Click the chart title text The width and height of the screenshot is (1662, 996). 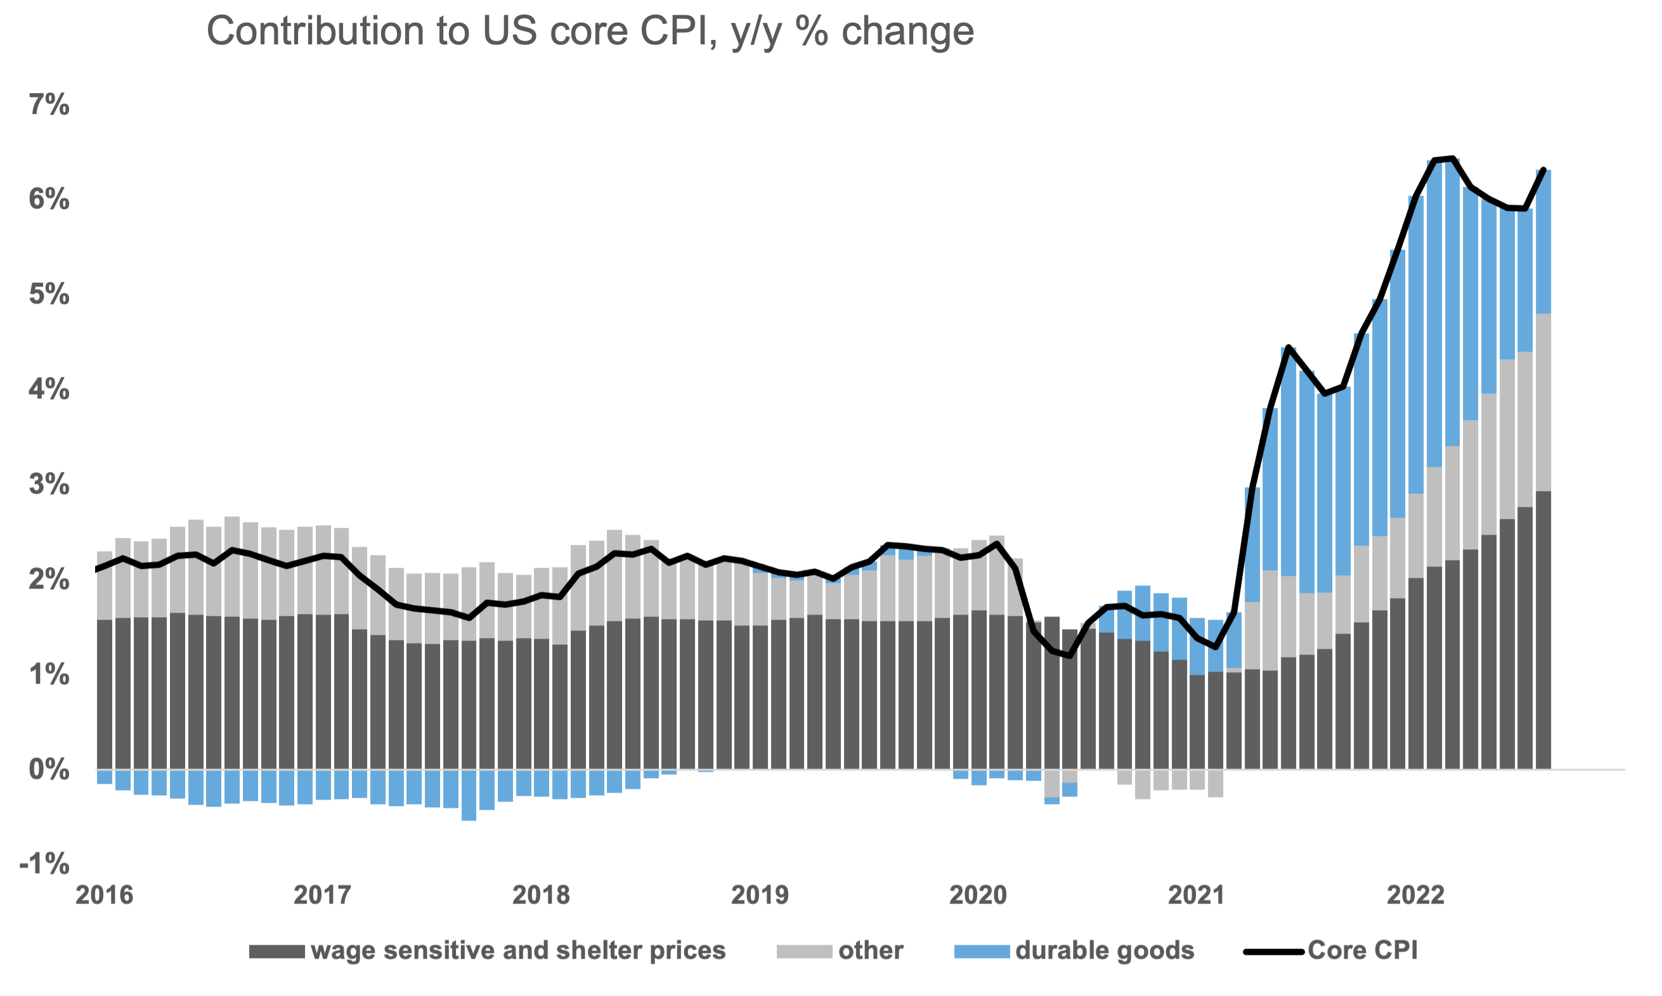590,31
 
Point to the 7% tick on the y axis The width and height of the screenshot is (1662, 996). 49,105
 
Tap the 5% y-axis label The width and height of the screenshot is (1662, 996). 49,294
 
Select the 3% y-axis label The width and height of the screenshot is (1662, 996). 49,484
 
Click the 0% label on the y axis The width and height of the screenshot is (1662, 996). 49,769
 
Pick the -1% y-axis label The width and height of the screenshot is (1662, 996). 44,863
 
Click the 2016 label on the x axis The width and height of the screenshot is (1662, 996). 104,895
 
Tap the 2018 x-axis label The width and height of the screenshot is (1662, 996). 540,895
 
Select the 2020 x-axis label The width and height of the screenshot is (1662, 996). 978,895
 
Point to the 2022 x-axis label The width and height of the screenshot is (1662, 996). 1415,895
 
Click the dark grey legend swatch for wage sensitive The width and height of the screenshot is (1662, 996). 276,951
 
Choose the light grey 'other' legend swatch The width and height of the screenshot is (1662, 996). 804,951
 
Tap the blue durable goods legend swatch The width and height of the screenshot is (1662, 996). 982,951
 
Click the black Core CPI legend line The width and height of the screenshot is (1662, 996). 1273,951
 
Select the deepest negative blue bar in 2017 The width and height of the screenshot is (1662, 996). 469,795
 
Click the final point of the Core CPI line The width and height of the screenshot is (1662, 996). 1544,170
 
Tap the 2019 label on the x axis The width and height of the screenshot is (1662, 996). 760,895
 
